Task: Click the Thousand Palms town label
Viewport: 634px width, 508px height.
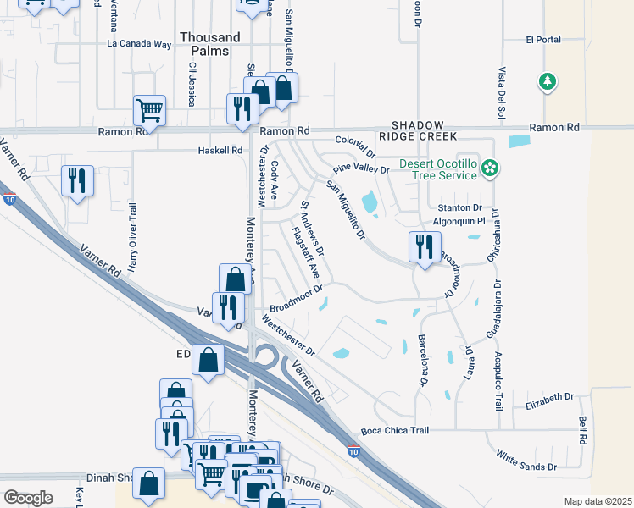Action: (x=210, y=45)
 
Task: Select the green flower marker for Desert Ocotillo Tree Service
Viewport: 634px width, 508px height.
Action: (x=488, y=168)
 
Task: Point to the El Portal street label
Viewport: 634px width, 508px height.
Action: (x=542, y=39)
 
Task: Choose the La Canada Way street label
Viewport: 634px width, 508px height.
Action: (x=139, y=43)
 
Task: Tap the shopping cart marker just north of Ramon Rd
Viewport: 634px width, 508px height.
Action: (x=149, y=109)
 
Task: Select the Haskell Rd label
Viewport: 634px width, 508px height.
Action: (x=219, y=151)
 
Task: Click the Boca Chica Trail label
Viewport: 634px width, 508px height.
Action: (x=401, y=431)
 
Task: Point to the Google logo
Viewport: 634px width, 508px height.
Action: (x=28, y=497)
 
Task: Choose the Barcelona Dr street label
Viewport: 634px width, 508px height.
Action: (x=422, y=361)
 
